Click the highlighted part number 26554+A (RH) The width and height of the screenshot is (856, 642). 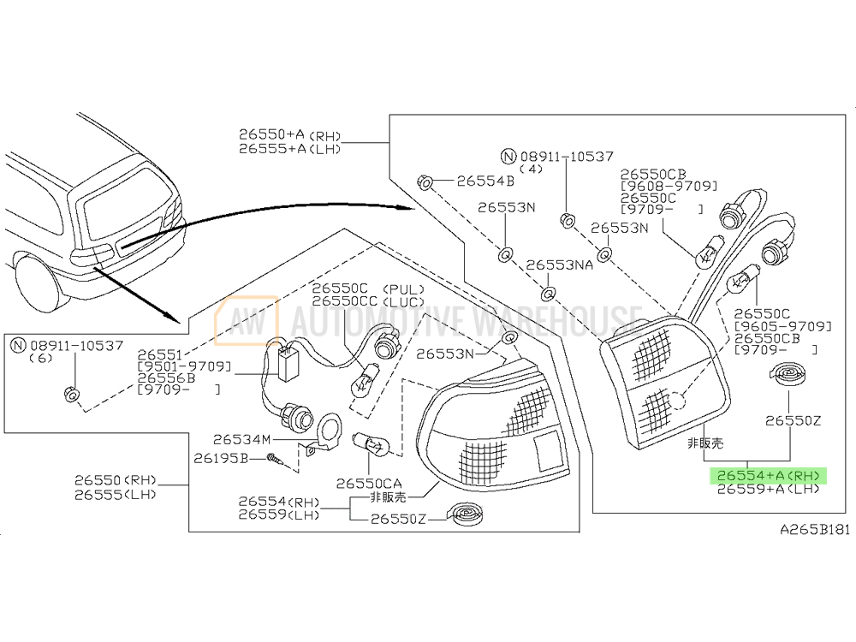click(767, 475)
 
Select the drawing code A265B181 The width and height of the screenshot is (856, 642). click(814, 530)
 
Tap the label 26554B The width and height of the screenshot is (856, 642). click(484, 181)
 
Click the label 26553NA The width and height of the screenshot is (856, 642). click(559, 265)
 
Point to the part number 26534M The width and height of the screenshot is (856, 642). click(242, 439)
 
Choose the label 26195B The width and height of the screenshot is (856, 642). click(220, 460)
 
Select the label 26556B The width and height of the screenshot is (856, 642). click(166, 377)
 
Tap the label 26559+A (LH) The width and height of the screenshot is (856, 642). click(767, 490)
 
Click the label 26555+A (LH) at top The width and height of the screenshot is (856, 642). click(277, 148)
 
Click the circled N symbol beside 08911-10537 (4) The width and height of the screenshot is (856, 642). click(508, 157)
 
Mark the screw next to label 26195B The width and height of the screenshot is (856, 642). click(275, 461)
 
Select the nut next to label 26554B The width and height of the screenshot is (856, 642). click(425, 182)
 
